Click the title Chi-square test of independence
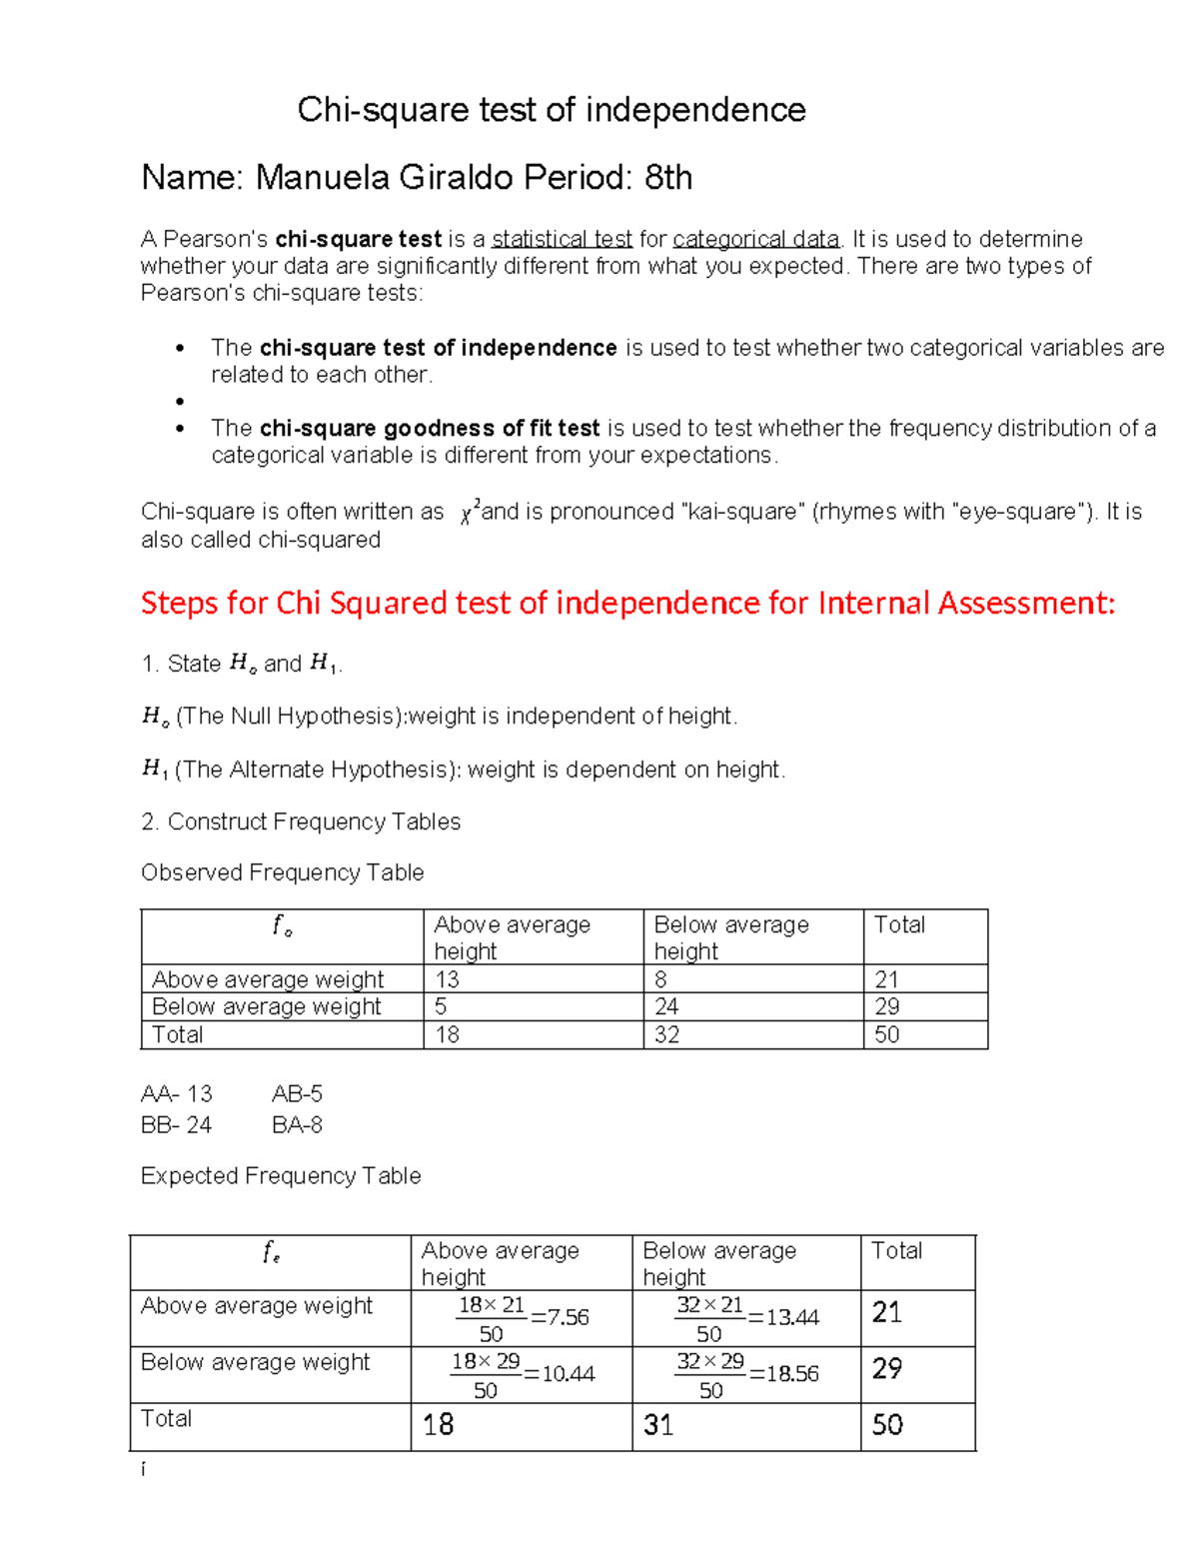pyautogui.click(x=551, y=110)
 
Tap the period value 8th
pyautogui.click(x=667, y=178)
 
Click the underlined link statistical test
pyautogui.click(x=562, y=240)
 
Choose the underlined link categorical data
pyautogui.click(x=755, y=240)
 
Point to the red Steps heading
pyautogui.click(x=626, y=604)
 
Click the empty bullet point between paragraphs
pyautogui.click(x=180, y=402)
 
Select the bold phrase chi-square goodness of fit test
pyautogui.click(x=429, y=429)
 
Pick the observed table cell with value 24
pyautogui.click(x=666, y=1006)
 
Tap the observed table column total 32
pyautogui.click(x=666, y=1035)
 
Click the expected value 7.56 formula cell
pyautogui.click(x=522, y=1318)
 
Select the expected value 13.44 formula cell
pyautogui.click(x=746, y=1318)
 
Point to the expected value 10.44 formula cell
pyautogui.click(x=522, y=1375)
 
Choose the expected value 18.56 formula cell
pyautogui.click(x=746, y=1375)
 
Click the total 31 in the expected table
pyautogui.click(x=658, y=1425)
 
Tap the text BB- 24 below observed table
pyautogui.click(x=176, y=1125)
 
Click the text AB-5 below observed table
pyautogui.click(x=297, y=1094)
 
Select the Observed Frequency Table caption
pyautogui.click(x=282, y=873)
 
